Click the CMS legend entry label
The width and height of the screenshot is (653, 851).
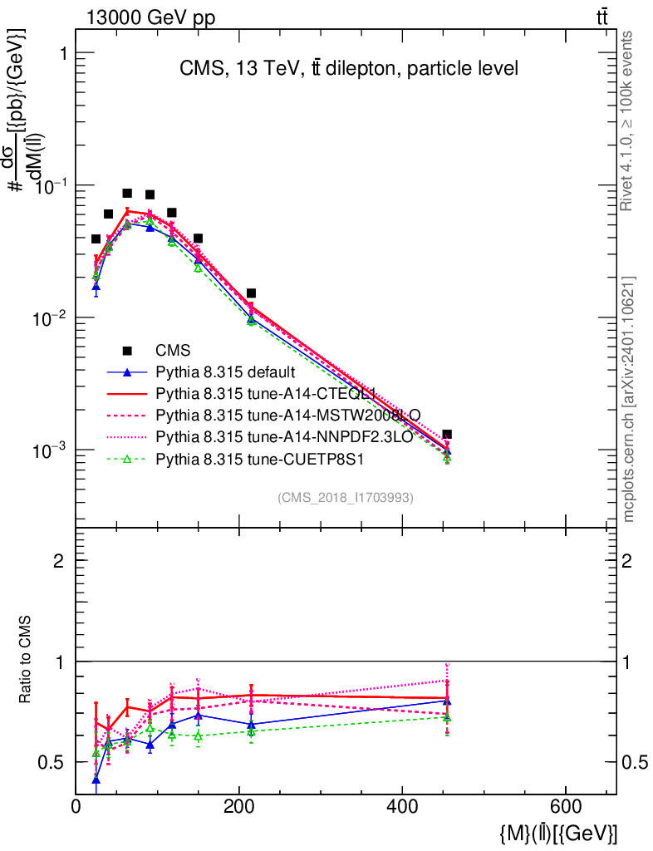172,351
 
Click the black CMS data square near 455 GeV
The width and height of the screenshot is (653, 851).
447,435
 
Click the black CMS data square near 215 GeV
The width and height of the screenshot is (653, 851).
251,293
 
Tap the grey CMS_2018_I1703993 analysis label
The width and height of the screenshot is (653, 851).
345,498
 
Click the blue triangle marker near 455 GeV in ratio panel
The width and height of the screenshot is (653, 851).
447,701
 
